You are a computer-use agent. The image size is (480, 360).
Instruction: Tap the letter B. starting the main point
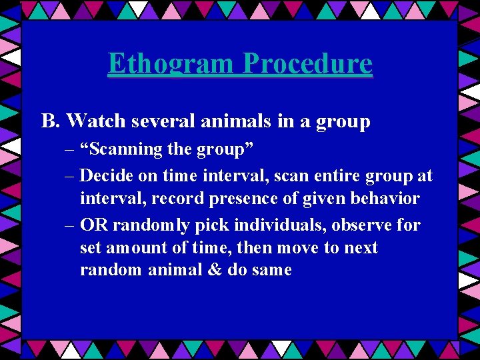[51, 121]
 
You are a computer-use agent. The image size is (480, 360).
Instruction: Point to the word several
[151, 121]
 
